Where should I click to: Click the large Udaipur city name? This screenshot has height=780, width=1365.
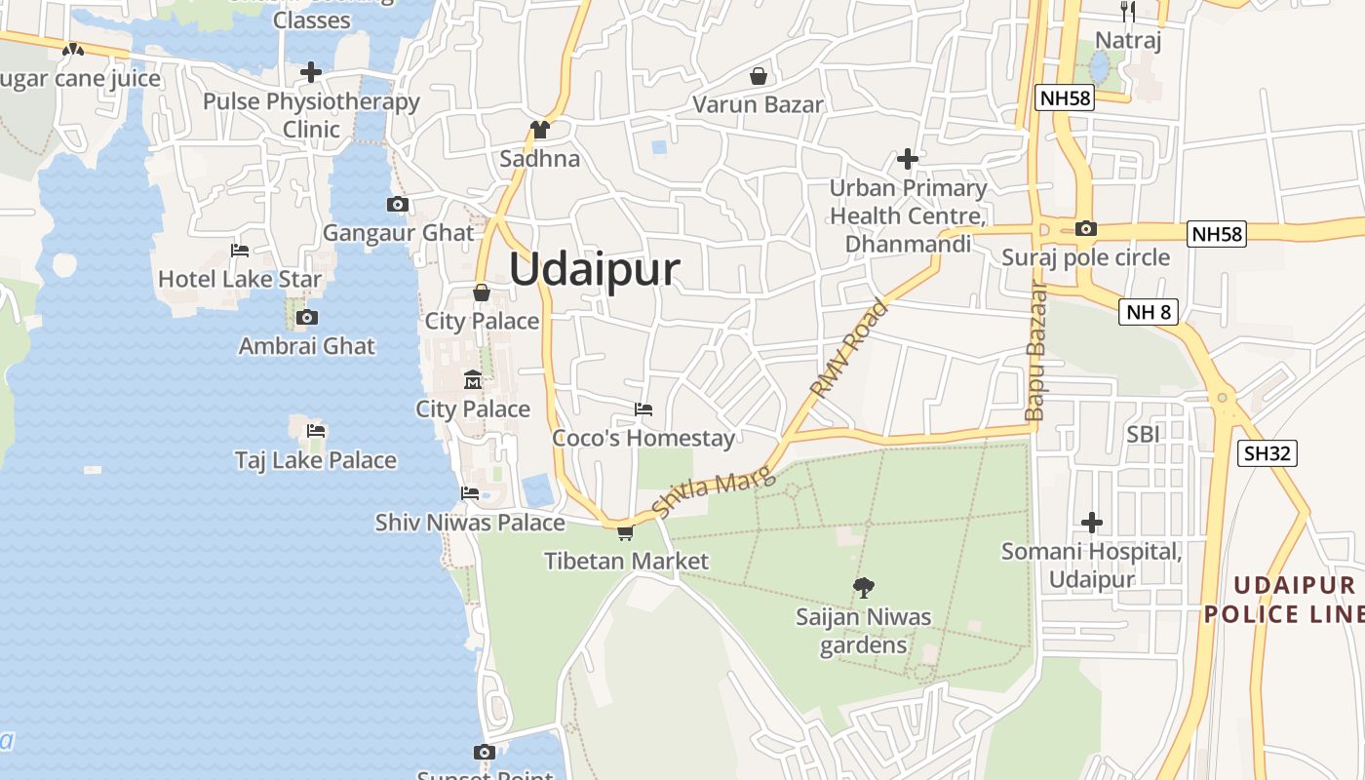594,269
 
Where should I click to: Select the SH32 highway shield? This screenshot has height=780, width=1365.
1267,452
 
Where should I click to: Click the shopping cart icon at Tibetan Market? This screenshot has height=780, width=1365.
625,532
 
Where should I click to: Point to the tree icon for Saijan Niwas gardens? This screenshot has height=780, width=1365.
863,587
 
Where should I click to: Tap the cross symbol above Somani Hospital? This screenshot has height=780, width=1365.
1092,523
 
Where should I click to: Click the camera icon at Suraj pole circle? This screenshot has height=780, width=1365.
1085,229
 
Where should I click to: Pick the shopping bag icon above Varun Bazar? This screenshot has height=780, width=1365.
759,75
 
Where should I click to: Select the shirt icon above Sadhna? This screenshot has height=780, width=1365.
539,129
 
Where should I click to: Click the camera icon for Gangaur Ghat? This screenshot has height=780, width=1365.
397,204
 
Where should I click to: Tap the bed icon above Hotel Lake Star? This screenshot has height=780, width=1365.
240,251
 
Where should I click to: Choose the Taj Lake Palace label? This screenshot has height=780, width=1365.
316,460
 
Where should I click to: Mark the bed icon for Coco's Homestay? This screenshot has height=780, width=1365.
643,409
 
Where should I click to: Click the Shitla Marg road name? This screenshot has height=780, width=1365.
713,491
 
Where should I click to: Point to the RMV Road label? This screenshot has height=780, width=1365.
848,348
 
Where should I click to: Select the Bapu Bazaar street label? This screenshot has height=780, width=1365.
1035,351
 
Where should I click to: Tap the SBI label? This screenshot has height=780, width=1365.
1144,434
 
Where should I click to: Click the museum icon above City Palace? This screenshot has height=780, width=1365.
473,379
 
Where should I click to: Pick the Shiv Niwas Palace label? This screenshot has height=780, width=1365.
470,523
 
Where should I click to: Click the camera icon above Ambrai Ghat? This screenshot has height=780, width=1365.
307,317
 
